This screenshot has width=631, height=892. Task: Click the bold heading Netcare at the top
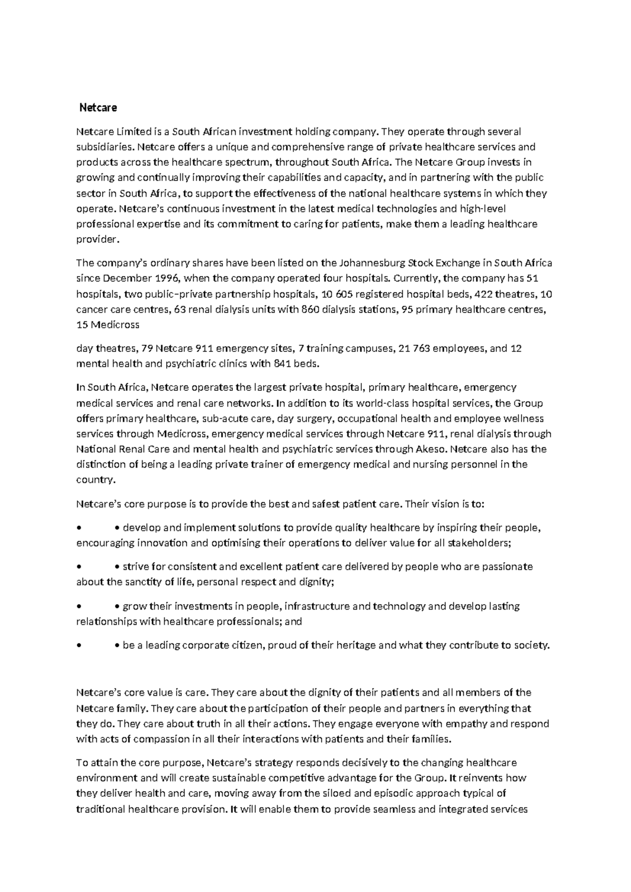98,108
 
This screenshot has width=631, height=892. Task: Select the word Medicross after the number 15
115,325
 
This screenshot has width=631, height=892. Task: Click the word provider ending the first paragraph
97,239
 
